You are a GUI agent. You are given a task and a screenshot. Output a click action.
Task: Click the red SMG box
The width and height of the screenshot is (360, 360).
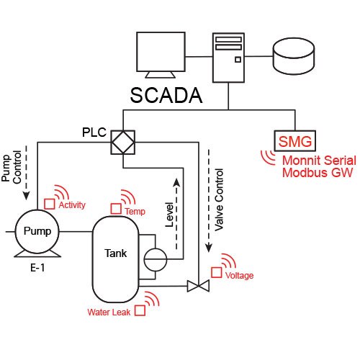tap(294, 140)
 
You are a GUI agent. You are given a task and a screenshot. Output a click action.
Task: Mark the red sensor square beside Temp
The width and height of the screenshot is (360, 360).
tap(116, 209)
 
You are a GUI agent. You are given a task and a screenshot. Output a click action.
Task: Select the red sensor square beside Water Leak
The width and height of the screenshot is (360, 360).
tap(140, 311)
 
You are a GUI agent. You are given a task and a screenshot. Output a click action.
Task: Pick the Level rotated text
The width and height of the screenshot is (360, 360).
tap(170, 216)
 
